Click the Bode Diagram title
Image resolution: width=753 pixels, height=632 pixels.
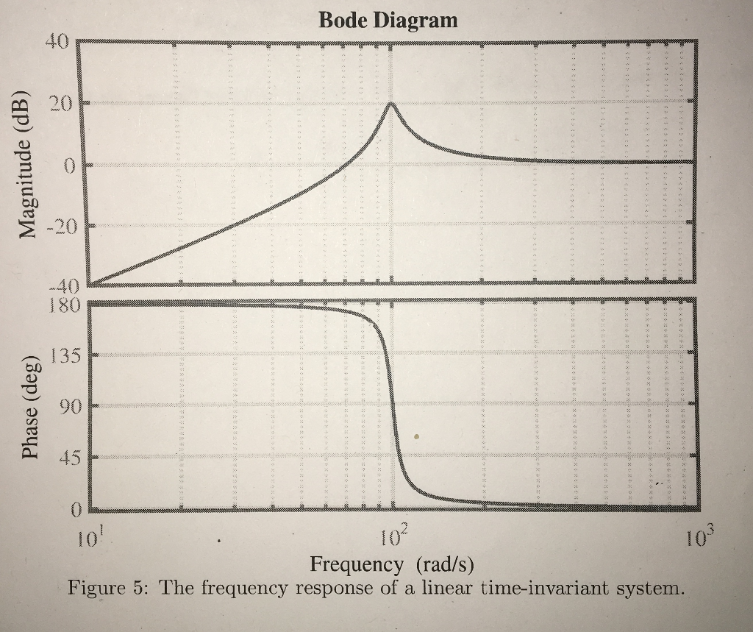pyautogui.click(x=388, y=20)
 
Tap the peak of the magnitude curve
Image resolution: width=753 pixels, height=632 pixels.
pyautogui.click(x=390, y=103)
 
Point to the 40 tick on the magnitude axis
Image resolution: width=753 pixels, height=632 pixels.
pyautogui.click(x=57, y=42)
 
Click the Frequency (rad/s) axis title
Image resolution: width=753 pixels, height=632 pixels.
pyautogui.click(x=392, y=565)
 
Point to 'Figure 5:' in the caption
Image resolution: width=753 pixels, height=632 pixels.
pyautogui.click(x=107, y=589)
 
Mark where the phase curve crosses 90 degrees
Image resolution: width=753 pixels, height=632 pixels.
pyautogui.click(x=392, y=406)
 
